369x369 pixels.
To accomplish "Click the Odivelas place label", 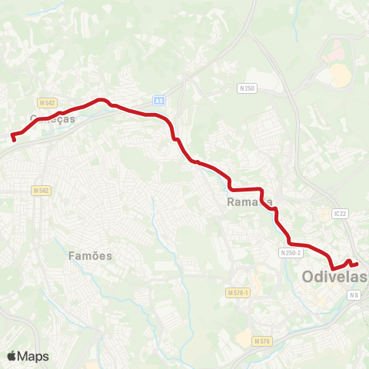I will coord(334,276).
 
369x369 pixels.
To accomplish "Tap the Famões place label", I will coord(91,255).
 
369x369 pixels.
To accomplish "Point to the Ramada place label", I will coord(251,202).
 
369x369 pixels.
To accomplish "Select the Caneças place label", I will coord(52,119).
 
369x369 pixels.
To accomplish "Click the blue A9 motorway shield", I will coord(159,100).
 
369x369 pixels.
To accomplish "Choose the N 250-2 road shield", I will coord(291,252).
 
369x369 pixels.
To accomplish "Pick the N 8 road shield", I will coord(354,295).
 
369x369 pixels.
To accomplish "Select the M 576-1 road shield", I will coord(239,293).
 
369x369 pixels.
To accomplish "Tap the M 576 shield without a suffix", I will coord(263,340).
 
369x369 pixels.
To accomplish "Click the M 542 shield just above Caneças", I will coord(47,102).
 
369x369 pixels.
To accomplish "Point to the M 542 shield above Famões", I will coord(41,190).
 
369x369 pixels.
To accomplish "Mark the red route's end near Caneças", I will coord(13,138).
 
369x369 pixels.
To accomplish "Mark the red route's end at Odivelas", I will coord(356,264).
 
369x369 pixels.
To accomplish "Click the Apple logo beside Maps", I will coord(12,356).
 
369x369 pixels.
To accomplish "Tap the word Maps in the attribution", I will coord(33,356).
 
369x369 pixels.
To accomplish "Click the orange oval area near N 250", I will coord(339,75).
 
